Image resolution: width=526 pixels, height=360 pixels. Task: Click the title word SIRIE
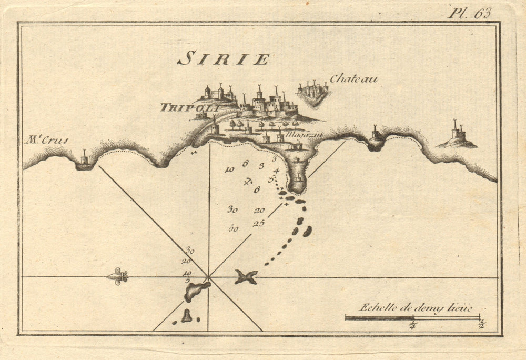click(x=223, y=59)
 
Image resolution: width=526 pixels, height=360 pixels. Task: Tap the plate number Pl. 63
click(x=469, y=13)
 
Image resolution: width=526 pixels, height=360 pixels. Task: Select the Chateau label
click(x=353, y=79)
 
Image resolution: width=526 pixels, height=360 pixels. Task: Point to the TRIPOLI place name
click(x=182, y=107)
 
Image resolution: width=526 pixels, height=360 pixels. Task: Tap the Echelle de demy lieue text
click(x=415, y=308)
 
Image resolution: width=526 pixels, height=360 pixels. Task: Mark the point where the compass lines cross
click(x=209, y=276)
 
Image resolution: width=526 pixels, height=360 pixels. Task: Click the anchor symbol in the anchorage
click(x=249, y=182)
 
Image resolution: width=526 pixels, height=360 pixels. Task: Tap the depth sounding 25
click(x=258, y=223)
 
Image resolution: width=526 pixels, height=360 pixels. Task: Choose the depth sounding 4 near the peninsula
click(x=276, y=171)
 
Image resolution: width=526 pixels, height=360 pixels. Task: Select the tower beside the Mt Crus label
click(x=84, y=158)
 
